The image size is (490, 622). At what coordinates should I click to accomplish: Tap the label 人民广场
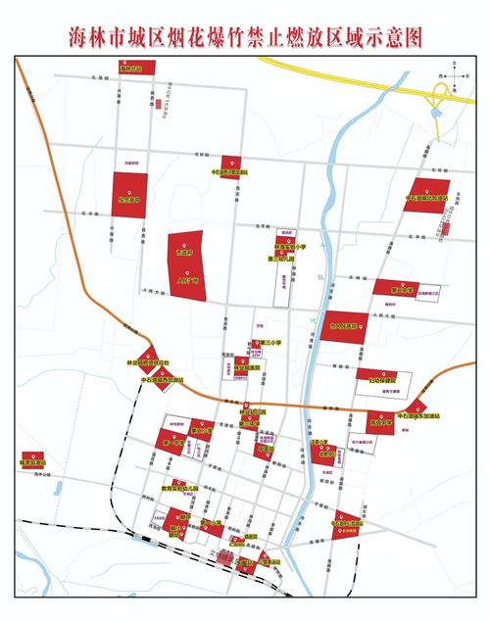pyautogui.click(x=186, y=279)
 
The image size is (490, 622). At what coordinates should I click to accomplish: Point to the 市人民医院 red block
pyautogui.click(x=342, y=326)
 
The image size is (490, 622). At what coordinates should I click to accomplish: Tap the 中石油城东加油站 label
pyautogui.click(x=421, y=416)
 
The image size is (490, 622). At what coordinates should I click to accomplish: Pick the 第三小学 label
pyautogui.click(x=269, y=343)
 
